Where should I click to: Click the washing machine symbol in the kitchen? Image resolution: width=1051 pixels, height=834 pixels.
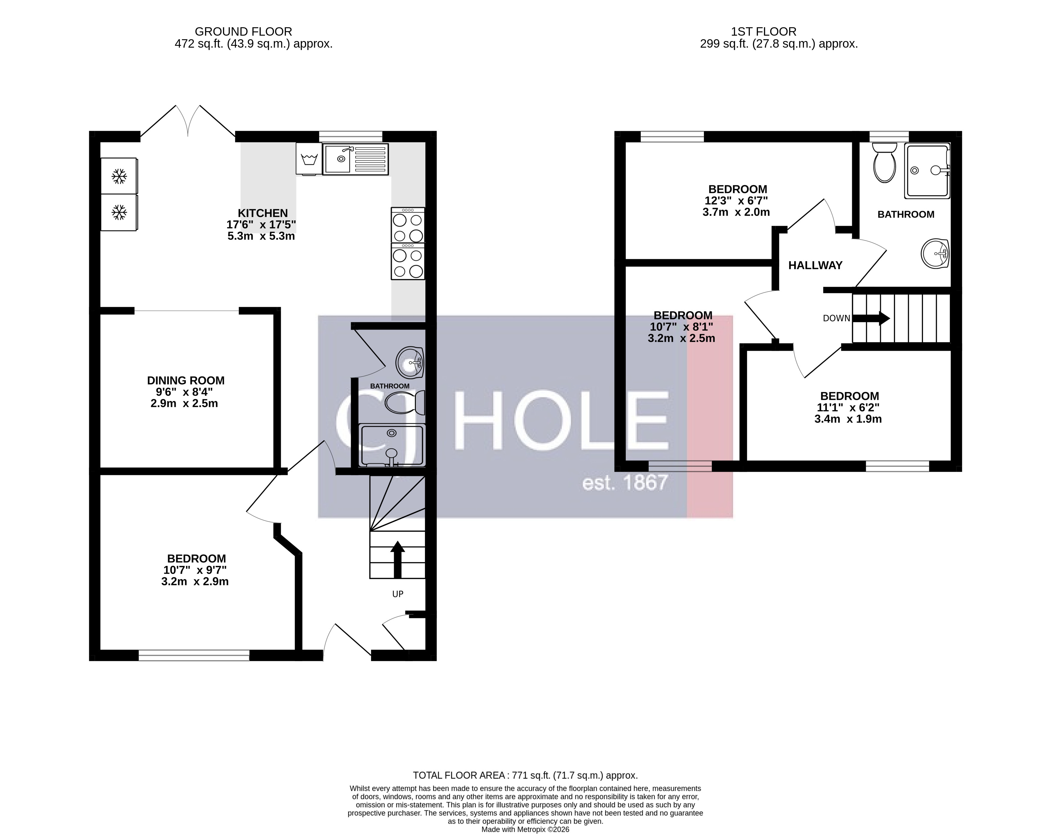pyautogui.click(x=309, y=158)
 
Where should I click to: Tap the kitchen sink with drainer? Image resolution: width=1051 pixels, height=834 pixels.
pyautogui.click(x=355, y=159)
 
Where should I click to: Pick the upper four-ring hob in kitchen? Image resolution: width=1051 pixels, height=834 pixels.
pyautogui.click(x=408, y=225)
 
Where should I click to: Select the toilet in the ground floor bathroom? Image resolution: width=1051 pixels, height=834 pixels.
pyautogui.click(x=404, y=403)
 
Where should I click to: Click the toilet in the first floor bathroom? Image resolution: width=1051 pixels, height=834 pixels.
pyautogui.click(x=885, y=163)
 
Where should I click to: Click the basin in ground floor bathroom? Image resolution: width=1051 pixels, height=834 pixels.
pyautogui.click(x=410, y=362)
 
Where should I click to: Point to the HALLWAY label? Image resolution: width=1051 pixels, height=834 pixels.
pyautogui.click(x=815, y=265)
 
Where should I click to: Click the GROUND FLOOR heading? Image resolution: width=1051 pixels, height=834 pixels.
pyautogui.click(x=243, y=32)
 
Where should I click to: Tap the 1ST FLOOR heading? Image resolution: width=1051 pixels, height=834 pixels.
pyautogui.click(x=763, y=32)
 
